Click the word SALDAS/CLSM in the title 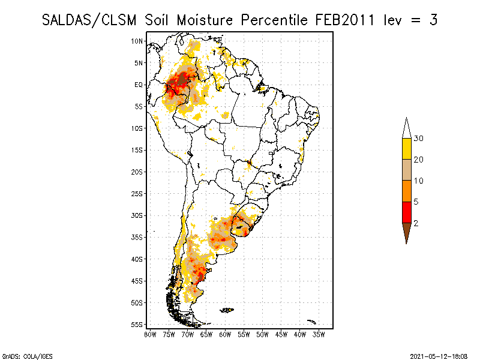click(91, 20)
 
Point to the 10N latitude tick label click(137, 41)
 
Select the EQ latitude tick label click(139, 85)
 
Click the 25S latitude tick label click(137, 194)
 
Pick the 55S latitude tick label click(137, 325)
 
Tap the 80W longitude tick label click(150, 334)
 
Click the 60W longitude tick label click(225, 334)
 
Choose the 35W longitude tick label click(319, 334)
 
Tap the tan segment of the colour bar click(406, 170)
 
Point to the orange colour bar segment click(406, 191)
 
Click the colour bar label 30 click(419, 139)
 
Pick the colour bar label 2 click(416, 223)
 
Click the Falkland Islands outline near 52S click(227, 310)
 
